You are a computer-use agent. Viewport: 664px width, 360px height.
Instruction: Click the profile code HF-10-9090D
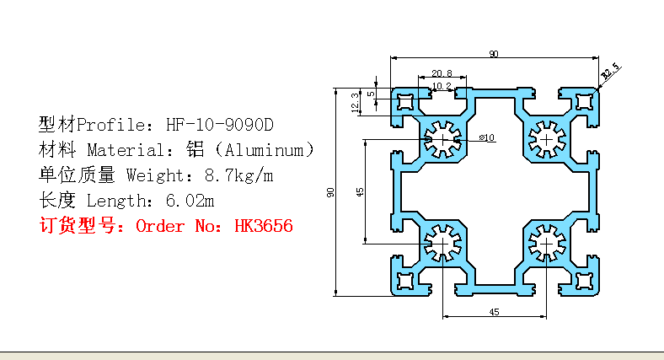click(220, 126)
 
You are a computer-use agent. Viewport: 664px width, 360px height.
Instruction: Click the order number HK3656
click(264, 227)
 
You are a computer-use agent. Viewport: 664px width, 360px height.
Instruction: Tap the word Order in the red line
click(159, 227)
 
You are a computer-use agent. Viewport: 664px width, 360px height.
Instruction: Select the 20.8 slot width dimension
click(441, 73)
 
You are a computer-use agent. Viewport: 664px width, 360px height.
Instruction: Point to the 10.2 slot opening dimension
click(442, 86)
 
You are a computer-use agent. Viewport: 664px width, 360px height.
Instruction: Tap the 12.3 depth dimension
click(354, 101)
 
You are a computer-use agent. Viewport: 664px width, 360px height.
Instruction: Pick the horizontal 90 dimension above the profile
click(493, 55)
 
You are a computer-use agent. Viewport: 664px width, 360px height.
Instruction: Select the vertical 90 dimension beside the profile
click(331, 192)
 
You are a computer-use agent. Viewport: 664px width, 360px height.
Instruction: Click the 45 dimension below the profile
click(494, 312)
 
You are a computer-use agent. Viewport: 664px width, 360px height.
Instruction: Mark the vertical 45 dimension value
click(361, 192)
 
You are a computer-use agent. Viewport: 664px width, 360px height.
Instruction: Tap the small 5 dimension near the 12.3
click(372, 94)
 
